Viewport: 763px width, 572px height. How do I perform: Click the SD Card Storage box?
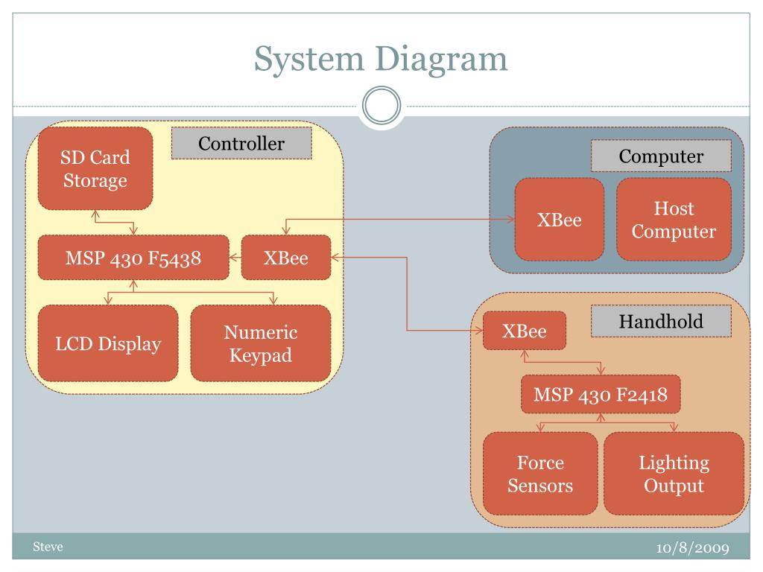95,168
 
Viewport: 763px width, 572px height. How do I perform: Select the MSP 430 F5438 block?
133,257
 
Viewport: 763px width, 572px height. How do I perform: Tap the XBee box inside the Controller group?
286,257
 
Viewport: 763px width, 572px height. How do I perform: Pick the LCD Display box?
108,343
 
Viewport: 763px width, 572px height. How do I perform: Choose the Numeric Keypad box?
261,343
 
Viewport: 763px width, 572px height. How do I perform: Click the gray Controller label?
241,143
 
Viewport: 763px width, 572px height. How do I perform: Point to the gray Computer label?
661,156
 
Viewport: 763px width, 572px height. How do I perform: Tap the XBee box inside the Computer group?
560,220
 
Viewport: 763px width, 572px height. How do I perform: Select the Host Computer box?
674,220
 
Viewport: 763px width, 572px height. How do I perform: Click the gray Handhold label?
661,321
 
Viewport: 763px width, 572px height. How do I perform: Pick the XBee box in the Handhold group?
525,331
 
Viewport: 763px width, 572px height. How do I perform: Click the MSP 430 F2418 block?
601,395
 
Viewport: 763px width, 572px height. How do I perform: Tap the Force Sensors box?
540,474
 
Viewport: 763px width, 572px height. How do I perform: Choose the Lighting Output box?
674,474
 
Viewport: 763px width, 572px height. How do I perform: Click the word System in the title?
309,59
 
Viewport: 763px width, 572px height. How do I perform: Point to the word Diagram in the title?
441,59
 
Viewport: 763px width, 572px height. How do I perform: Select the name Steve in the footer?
48,547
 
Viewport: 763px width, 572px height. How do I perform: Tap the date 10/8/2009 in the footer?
692,547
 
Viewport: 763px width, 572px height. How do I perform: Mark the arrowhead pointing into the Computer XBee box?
511,220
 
